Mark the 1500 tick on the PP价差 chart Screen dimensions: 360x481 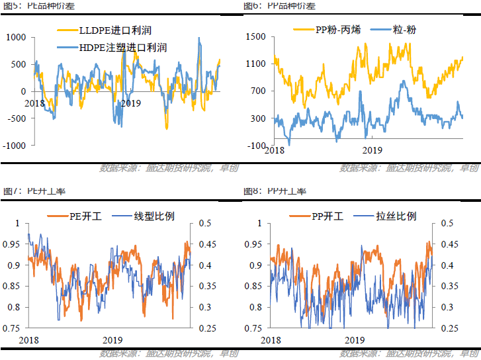point(255,37)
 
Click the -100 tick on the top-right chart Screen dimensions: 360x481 point(255,145)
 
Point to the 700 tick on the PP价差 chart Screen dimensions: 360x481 point(257,91)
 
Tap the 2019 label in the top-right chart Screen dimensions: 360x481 point(372,150)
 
